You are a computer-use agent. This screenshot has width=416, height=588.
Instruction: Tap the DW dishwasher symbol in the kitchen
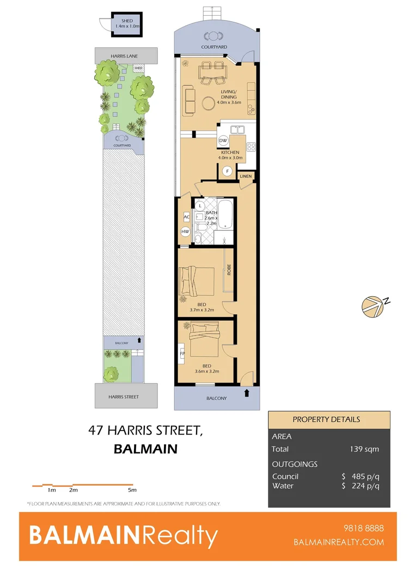coord(223,140)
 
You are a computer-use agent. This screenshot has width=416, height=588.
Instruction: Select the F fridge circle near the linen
coord(228,171)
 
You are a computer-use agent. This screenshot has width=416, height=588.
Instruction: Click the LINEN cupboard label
coord(246,176)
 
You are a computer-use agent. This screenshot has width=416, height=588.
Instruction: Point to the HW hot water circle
coord(185,232)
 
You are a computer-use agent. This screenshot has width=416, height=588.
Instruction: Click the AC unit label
coord(186,217)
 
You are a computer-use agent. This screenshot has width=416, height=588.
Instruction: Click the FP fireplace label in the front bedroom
coord(182,353)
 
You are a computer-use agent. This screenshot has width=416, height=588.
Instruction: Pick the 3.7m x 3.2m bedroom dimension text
coord(201,310)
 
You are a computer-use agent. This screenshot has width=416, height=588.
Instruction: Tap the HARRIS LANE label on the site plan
coord(126,55)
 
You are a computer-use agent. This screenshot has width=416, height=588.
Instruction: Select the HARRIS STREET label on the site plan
coord(126,397)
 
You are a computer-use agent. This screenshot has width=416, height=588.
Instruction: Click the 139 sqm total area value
coord(364,449)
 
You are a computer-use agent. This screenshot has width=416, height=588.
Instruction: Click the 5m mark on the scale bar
coord(132,490)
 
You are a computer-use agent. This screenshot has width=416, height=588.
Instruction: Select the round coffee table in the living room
coord(208,103)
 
